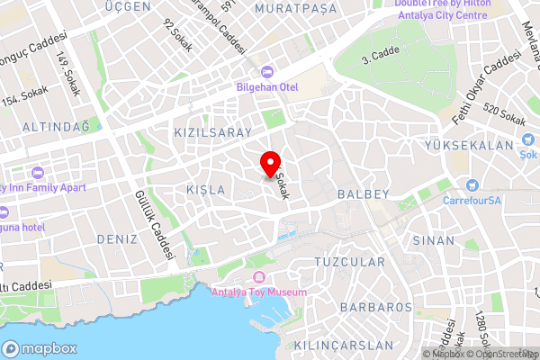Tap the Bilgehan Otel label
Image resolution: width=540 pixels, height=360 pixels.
pos(266,86)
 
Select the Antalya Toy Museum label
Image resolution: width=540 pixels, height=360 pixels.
pos(259,292)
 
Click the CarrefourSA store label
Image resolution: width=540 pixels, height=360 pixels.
pos(471,201)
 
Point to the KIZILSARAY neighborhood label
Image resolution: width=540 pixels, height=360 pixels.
pos(211,132)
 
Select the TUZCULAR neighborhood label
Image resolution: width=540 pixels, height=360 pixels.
pos(349,262)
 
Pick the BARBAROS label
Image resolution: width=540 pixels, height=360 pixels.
pos(376,307)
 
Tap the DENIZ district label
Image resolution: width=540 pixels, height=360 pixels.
pos(116,239)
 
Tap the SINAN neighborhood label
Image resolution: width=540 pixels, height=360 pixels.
pos(434,241)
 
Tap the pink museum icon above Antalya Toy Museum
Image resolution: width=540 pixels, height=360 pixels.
pos(259,275)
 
